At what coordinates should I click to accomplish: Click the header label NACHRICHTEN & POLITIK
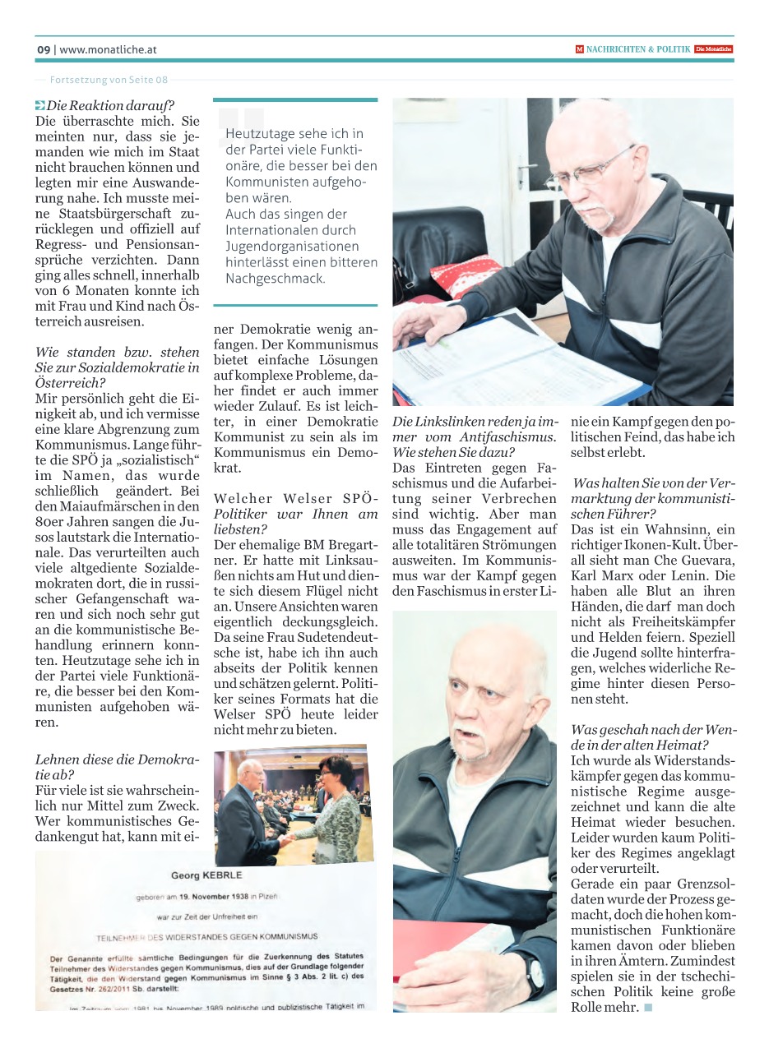(x=638, y=49)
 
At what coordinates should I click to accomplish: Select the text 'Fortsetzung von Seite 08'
(x=109, y=80)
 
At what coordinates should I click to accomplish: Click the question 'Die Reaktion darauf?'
(x=110, y=105)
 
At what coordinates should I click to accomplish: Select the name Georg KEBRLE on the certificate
(x=206, y=875)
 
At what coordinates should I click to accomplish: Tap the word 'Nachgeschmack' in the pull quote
(x=276, y=279)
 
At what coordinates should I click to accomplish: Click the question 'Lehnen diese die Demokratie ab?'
(x=118, y=768)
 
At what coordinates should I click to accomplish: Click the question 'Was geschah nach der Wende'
(x=653, y=737)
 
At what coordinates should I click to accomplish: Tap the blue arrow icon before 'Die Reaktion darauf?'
(x=40, y=105)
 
